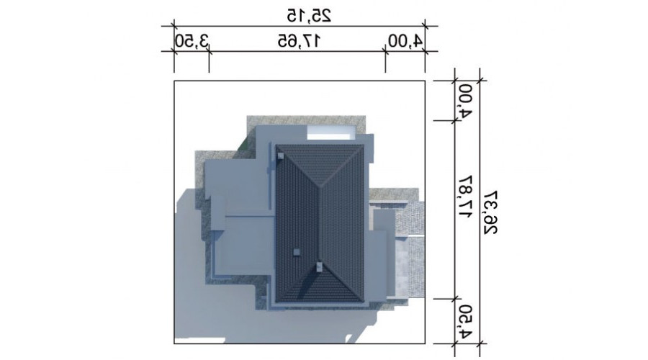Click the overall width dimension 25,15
click(309, 16)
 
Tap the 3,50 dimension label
click(192, 41)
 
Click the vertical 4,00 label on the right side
click(465, 102)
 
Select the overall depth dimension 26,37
click(490, 212)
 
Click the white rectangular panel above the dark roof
click(330, 134)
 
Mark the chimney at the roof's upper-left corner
click(281, 156)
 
